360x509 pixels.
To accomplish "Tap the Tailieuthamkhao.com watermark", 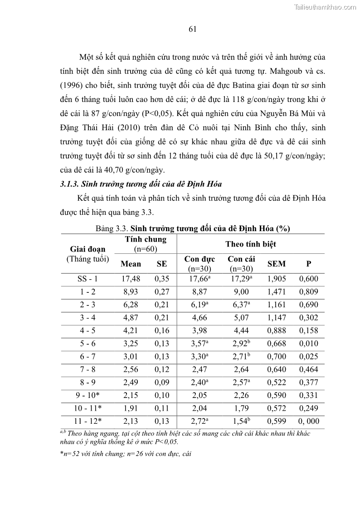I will (x=325, y=7).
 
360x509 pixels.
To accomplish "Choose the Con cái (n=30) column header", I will (x=241, y=263).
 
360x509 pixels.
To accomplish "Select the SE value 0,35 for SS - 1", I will (x=161, y=279).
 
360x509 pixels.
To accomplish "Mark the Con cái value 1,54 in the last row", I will (x=240, y=421).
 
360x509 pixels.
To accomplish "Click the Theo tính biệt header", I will (x=250, y=244).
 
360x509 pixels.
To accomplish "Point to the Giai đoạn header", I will (x=88, y=249).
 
